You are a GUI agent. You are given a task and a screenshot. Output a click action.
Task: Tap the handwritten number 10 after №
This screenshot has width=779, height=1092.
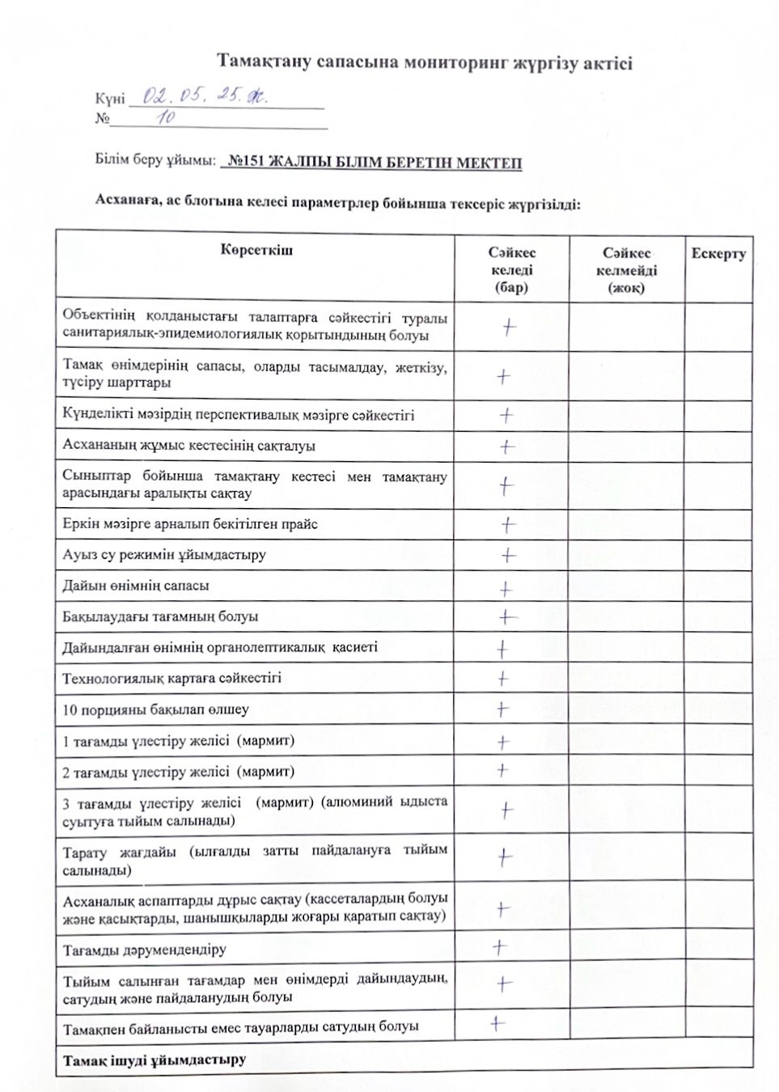pos(167,118)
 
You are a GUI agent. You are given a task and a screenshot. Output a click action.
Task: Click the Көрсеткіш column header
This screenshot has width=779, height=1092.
pos(256,250)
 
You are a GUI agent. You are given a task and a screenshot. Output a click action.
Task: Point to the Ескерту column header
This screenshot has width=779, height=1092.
pos(718,253)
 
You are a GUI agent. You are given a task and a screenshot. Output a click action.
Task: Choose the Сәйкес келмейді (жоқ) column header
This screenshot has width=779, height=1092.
pos(626,270)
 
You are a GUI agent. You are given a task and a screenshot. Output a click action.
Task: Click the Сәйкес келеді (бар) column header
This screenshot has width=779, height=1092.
pos(511,270)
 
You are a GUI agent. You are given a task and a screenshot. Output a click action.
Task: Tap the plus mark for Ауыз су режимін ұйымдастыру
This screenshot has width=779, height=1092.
pos(508,555)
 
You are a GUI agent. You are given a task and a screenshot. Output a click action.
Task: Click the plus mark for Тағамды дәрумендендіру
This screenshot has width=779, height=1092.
pos(500,946)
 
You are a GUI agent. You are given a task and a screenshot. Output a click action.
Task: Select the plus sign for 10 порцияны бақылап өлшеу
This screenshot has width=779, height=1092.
pos(502,709)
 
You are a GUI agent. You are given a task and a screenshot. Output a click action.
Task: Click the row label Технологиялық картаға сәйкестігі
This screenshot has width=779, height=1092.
pos(171,678)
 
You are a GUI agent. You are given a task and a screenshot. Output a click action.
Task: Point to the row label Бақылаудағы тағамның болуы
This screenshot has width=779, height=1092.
pos(160,616)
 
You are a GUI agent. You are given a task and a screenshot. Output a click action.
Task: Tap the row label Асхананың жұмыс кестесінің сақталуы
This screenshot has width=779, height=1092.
pos(188,445)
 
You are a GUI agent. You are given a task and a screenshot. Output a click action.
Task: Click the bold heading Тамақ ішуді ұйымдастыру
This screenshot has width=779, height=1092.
pos(154,1060)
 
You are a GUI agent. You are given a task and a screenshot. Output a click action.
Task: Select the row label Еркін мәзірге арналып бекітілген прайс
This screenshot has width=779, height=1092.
pos(190,523)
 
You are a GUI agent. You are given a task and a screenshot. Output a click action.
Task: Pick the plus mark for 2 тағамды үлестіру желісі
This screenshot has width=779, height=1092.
pos(502,770)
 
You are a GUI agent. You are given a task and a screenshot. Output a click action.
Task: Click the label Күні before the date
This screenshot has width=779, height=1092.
pos(109,99)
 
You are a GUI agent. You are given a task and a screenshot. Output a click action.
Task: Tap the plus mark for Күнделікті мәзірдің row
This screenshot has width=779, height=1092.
pos(506,415)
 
